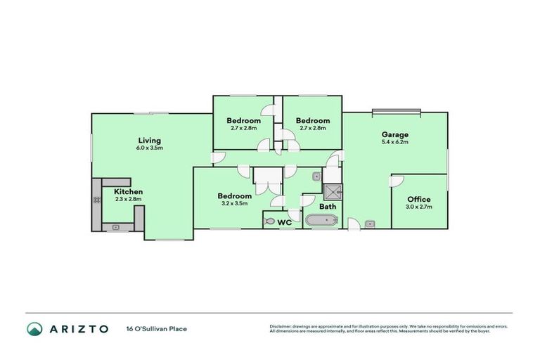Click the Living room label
149,140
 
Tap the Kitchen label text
128,191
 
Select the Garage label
394,134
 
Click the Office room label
418,199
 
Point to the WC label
285,222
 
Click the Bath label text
328,207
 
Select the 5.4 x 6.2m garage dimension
394,142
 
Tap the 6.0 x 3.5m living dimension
149,148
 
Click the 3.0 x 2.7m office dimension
418,207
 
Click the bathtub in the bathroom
321,221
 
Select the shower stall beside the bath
332,191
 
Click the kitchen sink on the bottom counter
115,226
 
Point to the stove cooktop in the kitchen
96,200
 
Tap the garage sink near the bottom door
370,224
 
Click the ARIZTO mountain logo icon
34,328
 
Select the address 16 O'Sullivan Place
156,328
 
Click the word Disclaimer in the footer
281,326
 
